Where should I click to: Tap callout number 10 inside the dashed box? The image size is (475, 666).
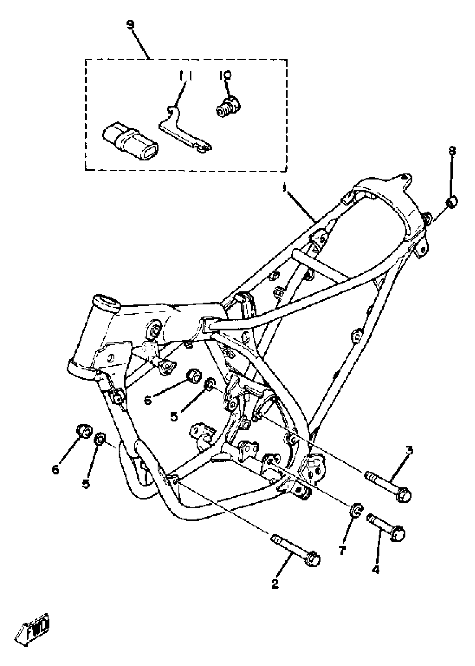(x=225, y=75)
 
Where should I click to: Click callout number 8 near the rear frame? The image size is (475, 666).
(x=452, y=151)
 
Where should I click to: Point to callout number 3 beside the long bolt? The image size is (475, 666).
(x=410, y=450)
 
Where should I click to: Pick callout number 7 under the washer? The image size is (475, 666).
(x=342, y=551)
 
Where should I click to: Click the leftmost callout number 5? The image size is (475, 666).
(x=86, y=483)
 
